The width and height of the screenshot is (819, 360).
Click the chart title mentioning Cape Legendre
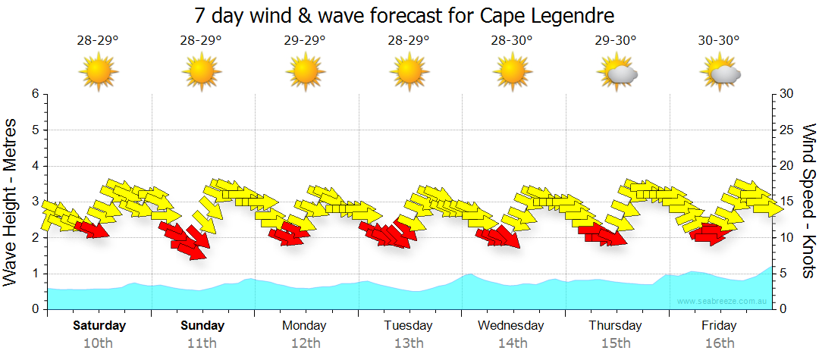pos(404,15)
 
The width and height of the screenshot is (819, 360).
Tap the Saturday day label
pos(99,326)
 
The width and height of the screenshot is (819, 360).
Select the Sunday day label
pos(202,326)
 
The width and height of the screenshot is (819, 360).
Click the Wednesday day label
pos(511,326)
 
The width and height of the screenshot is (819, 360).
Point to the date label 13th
pos(408,343)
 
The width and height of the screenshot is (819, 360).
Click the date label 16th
pos(719,343)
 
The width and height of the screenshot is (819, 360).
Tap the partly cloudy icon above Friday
pos(721,73)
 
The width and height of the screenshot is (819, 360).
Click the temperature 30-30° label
pos(718,41)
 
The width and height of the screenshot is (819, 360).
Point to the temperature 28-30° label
pos(512,41)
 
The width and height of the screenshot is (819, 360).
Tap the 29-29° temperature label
pos(305,41)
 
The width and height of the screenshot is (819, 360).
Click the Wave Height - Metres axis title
pos(11,201)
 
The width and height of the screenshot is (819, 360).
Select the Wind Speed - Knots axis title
pos(808,201)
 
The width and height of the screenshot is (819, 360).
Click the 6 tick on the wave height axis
pos(35,94)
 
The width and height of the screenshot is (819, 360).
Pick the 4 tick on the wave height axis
pos(35,166)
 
